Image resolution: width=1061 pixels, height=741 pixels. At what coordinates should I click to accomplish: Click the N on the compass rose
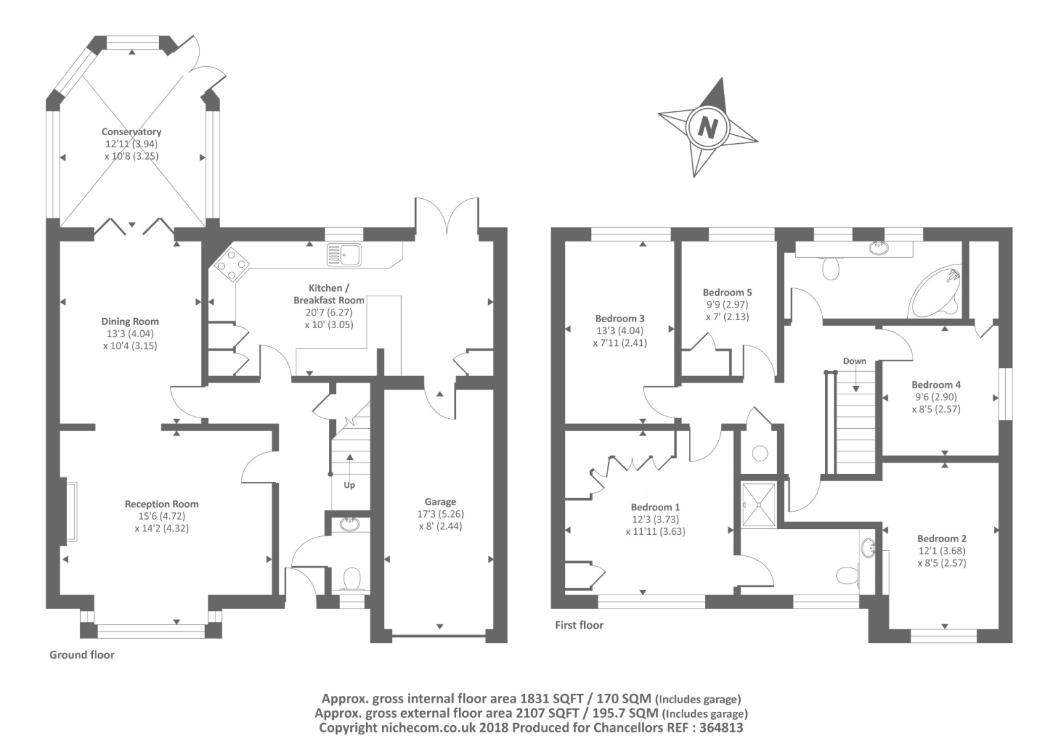pos(708,127)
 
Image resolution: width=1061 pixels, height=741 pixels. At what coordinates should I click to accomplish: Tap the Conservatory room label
pos(131,132)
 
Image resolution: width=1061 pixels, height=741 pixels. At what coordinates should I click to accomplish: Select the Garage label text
pos(440,502)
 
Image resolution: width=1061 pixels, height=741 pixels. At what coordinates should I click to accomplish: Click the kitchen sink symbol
pos(343,254)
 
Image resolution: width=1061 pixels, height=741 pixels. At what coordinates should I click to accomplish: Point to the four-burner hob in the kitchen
pos(230,264)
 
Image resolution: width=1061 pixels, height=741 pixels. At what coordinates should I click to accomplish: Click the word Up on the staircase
pos(349,485)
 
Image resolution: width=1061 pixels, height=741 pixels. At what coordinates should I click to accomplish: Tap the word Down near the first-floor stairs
pos(855,361)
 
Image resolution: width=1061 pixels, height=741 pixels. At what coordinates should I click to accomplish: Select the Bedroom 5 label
pos(727,292)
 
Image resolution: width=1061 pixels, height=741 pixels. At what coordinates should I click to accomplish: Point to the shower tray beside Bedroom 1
pos(759,505)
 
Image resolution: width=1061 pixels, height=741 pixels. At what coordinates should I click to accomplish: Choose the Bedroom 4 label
pos(936,384)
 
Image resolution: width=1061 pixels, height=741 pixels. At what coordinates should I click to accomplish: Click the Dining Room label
pos(130,321)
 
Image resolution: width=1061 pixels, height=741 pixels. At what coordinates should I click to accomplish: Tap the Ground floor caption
pos(82,655)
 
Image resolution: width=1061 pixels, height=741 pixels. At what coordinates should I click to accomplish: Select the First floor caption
pos(579,625)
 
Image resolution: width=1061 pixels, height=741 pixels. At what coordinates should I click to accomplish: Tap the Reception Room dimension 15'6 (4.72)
pos(161,516)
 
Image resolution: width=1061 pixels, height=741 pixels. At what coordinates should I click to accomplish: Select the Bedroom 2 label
pos(942,538)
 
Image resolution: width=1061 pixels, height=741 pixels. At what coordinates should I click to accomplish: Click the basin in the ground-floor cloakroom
pos(349,525)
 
